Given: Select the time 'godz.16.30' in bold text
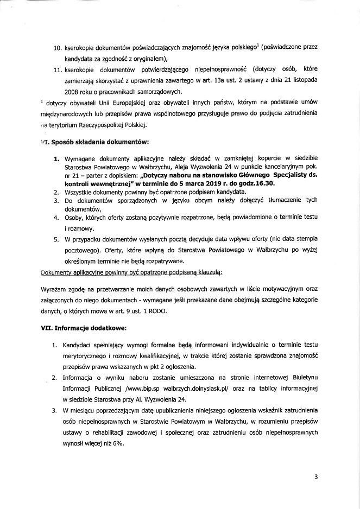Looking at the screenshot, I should click(256, 200).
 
